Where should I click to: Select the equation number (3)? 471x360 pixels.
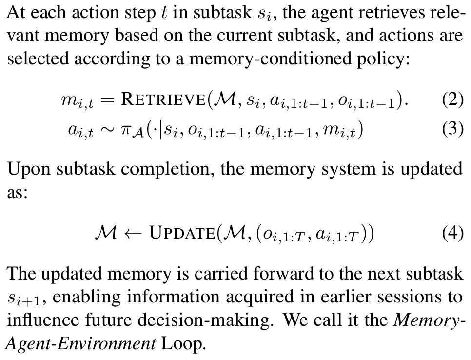pos(452,130)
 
